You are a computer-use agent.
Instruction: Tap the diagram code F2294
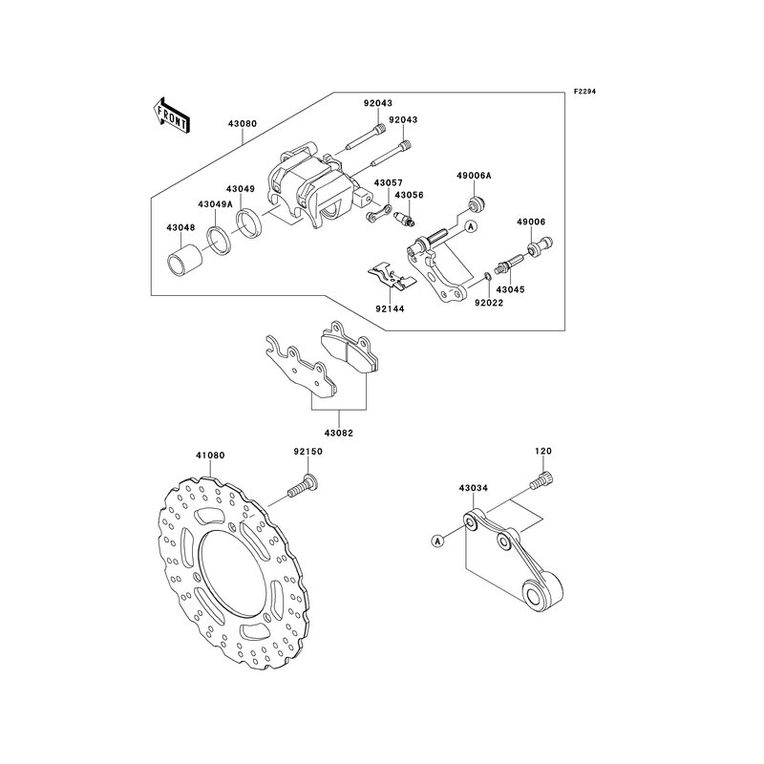(584, 93)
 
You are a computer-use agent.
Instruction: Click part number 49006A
(474, 177)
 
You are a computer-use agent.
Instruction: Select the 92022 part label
(489, 302)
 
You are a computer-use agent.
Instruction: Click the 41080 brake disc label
(210, 456)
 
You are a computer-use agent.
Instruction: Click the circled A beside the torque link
(438, 541)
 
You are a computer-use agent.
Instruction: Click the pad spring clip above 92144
(391, 275)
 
